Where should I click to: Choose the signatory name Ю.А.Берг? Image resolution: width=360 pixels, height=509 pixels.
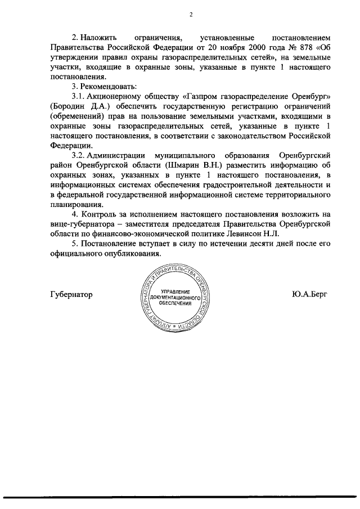309,294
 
